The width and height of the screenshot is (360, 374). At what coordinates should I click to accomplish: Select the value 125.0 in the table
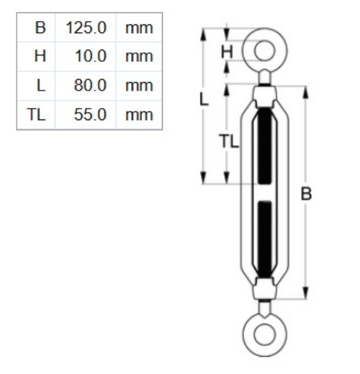86,29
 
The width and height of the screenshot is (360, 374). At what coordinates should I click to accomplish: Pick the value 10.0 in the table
91,57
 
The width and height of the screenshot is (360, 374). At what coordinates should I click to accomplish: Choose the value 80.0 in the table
91,85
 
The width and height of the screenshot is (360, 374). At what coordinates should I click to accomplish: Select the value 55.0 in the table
91,114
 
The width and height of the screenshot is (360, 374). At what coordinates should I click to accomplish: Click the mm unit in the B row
137,29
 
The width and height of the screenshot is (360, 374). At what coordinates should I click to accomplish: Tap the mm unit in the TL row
137,114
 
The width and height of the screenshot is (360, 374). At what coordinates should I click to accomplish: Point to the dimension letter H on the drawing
225,50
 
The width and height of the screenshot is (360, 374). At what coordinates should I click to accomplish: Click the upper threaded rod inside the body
264,144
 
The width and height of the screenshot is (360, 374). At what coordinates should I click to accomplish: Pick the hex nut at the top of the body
264,93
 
